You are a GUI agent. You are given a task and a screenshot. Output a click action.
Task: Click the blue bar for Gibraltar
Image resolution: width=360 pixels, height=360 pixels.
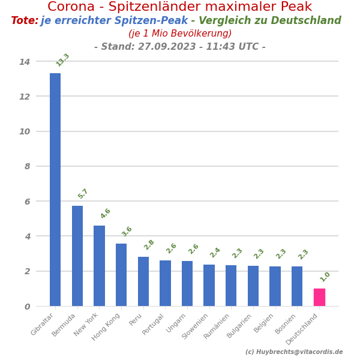[x=55, y=190]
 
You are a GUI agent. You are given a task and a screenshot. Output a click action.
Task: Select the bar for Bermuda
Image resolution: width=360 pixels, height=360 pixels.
[x=77, y=256]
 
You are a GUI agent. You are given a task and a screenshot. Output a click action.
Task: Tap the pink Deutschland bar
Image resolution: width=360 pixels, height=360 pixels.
[x=319, y=297]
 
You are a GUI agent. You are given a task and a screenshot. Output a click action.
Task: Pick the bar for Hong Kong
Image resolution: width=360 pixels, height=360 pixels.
[x=121, y=275]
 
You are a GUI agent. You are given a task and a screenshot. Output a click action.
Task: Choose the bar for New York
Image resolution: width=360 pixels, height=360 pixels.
[x=99, y=266]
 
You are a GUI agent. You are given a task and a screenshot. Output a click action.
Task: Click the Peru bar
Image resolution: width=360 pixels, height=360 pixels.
[x=143, y=281]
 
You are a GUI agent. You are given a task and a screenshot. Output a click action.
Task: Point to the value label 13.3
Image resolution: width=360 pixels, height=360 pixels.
[x=62, y=60]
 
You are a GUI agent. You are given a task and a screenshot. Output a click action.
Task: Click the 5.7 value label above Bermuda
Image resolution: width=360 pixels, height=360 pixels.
[x=83, y=194]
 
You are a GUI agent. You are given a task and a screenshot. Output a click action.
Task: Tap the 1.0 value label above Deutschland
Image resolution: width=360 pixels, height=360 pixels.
[x=325, y=277]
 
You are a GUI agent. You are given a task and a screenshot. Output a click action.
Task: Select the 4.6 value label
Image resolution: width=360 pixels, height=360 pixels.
[x=105, y=214]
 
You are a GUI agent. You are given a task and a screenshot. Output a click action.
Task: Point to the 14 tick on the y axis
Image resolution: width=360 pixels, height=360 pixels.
[x=25, y=62]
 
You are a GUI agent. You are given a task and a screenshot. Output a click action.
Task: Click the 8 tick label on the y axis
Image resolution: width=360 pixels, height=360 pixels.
[x=27, y=166]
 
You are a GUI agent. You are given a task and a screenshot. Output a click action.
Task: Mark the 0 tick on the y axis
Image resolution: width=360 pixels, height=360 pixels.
[x=27, y=307]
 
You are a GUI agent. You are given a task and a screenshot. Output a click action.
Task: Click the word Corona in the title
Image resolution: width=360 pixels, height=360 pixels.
[x=72, y=7]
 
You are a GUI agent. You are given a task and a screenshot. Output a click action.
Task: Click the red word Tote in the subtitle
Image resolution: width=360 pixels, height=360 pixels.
[x=25, y=21]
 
